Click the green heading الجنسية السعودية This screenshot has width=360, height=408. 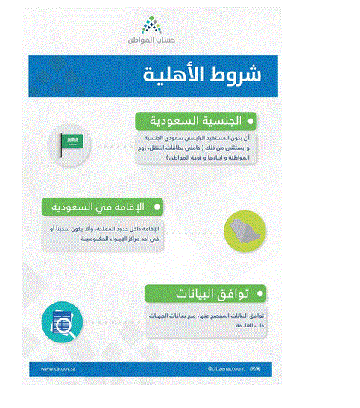[x=193, y=120]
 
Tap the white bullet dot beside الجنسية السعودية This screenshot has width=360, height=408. [x=250, y=120]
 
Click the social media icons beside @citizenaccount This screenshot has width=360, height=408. [x=256, y=368]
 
